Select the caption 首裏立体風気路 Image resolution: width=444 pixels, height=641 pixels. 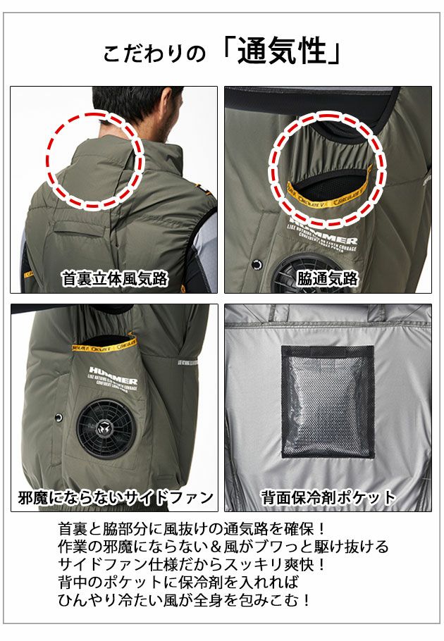[114, 279]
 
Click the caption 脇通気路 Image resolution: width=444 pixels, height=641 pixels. [328, 279]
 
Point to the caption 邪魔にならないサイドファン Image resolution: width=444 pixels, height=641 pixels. [115, 498]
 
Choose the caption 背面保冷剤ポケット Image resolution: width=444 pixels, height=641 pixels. [328, 498]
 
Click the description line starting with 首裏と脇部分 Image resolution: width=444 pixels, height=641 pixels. [191, 528]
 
